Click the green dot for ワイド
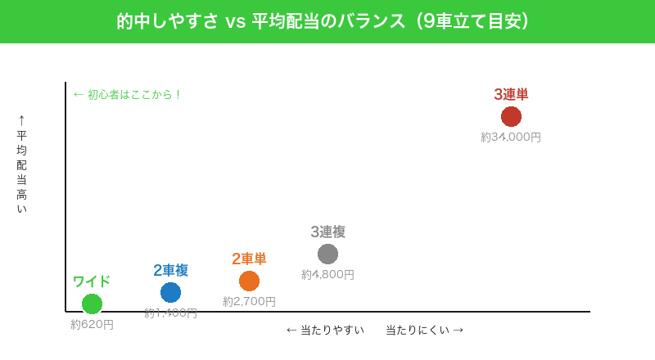(x=92, y=304)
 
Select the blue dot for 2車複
(x=170, y=292)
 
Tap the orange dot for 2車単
(x=249, y=281)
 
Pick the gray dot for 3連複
(x=327, y=254)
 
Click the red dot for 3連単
(x=511, y=116)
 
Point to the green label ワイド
(x=92, y=281)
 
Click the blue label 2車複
(x=170, y=270)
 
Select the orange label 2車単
(x=249, y=259)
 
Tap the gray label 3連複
(x=327, y=232)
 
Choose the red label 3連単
(x=511, y=94)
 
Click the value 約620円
(x=92, y=325)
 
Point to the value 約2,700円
(x=249, y=302)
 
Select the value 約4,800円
(x=327, y=275)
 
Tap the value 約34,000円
(x=511, y=137)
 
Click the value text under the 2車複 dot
(x=170, y=313)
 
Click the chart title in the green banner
(x=327, y=21)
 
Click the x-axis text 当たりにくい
(x=418, y=330)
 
